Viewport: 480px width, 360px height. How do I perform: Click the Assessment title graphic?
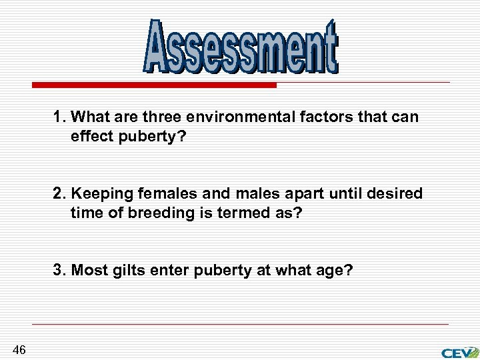[241, 47]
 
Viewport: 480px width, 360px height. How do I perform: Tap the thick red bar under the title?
[154, 85]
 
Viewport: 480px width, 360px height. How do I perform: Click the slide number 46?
[19, 349]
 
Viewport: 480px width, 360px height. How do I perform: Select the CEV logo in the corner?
[459, 352]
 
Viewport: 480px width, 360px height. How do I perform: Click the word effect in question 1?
[90, 137]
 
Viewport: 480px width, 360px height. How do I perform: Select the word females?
[159, 194]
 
